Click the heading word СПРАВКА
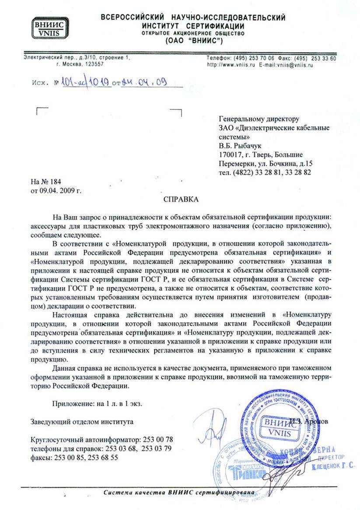pos(181,200)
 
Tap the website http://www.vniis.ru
pos(231,64)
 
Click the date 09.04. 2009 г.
pos(56,190)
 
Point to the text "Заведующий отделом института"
pos(82,422)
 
